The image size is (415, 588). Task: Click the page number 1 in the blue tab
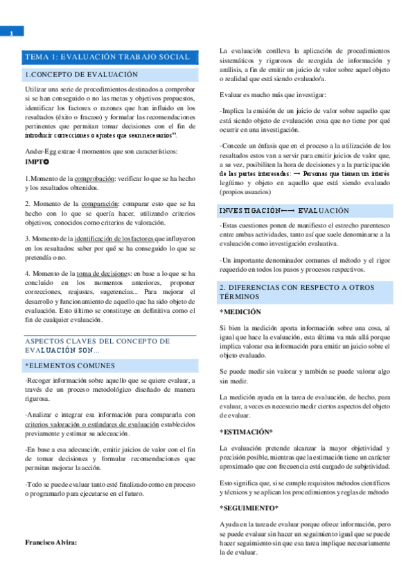point(12,32)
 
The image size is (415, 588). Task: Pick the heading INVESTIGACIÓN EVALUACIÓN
point(284,210)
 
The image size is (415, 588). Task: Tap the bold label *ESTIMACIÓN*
point(246,431)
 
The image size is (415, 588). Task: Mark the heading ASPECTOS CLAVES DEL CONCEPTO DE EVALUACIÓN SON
point(101,346)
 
